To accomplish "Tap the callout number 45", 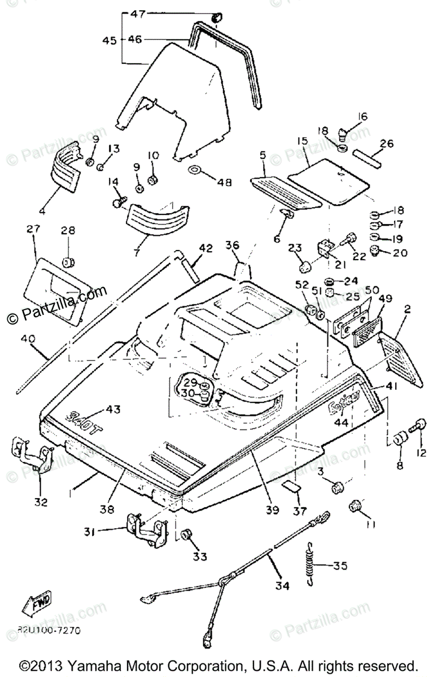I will coord(109,40).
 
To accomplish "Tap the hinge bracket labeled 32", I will coord(33,457).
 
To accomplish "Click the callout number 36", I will coord(231,245).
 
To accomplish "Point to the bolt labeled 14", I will coord(120,201).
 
